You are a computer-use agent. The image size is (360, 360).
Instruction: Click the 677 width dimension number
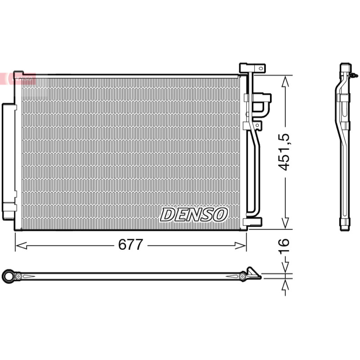pyautogui.click(x=130, y=244)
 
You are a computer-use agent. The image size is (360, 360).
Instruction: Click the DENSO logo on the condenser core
pyautogui.click(x=194, y=215)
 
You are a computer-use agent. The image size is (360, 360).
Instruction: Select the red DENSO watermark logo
pyautogui.click(x=18, y=79)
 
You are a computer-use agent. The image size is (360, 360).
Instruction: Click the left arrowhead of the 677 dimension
pyautogui.click(x=21, y=246)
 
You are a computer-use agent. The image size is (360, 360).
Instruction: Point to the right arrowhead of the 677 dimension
pyautogui.click(x=241, y=246)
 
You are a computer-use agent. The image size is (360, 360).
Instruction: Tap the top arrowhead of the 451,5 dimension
pyautogui.click(x=285, y=81)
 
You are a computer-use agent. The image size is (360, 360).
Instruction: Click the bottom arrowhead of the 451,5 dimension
pyautogui.click(x=285, y=223)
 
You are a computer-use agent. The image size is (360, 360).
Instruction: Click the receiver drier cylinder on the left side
pyautogui.click(x=9, y=162)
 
